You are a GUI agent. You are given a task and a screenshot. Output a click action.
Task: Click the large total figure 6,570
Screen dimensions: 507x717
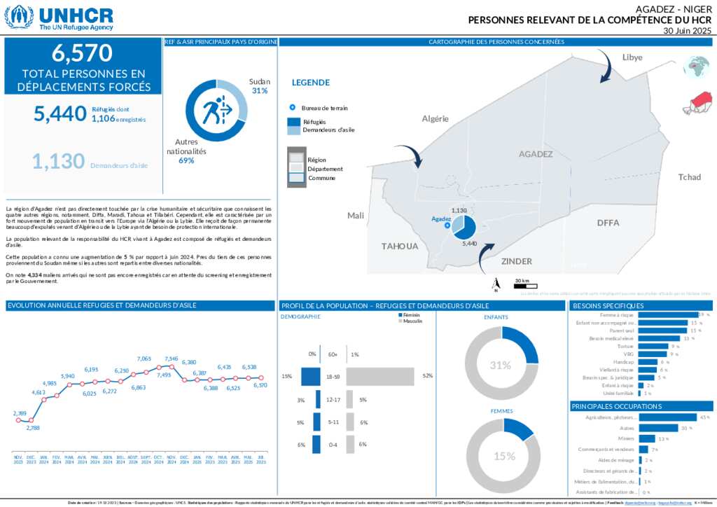tap(83, 53)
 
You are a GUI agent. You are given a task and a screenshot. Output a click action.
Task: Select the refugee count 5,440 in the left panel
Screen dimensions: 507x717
tap(60, 113)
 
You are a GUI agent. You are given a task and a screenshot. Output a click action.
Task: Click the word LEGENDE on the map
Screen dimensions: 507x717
tap(310, 82)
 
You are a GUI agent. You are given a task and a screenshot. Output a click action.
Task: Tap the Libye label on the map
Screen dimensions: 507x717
tap(632, 57)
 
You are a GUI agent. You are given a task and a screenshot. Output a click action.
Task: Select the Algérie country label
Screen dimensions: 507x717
tap(435, 118)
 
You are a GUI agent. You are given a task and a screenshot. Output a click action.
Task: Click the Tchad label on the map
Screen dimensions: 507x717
tap(689, 177)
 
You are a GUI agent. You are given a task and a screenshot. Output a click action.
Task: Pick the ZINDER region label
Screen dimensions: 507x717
tap(517, 261)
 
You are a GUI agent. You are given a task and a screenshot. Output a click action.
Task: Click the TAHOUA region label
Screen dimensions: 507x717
tap(400, 246)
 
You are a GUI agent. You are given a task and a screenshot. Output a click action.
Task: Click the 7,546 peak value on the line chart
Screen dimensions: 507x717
tap(171, 359)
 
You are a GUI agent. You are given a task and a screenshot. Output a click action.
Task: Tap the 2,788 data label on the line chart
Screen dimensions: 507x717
tap(34, 427)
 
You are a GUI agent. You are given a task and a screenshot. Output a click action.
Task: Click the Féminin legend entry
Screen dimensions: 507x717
tap(412, 315)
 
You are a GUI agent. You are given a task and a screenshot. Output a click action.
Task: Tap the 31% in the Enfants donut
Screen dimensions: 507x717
tap(501, 366)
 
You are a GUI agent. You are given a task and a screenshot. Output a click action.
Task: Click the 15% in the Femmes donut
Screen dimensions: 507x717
tap(503, 456)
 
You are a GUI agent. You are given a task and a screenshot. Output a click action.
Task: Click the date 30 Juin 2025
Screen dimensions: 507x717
tap(687, 32)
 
